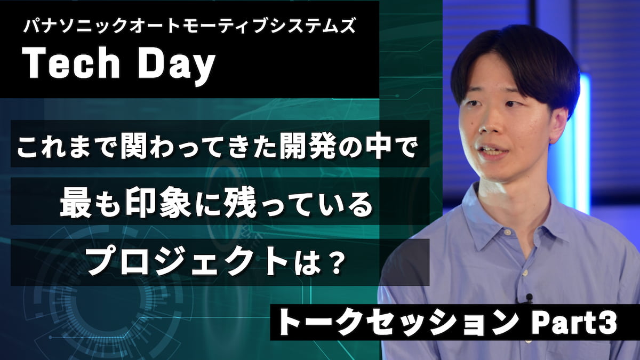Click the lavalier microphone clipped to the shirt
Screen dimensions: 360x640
(x=529, y=298)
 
